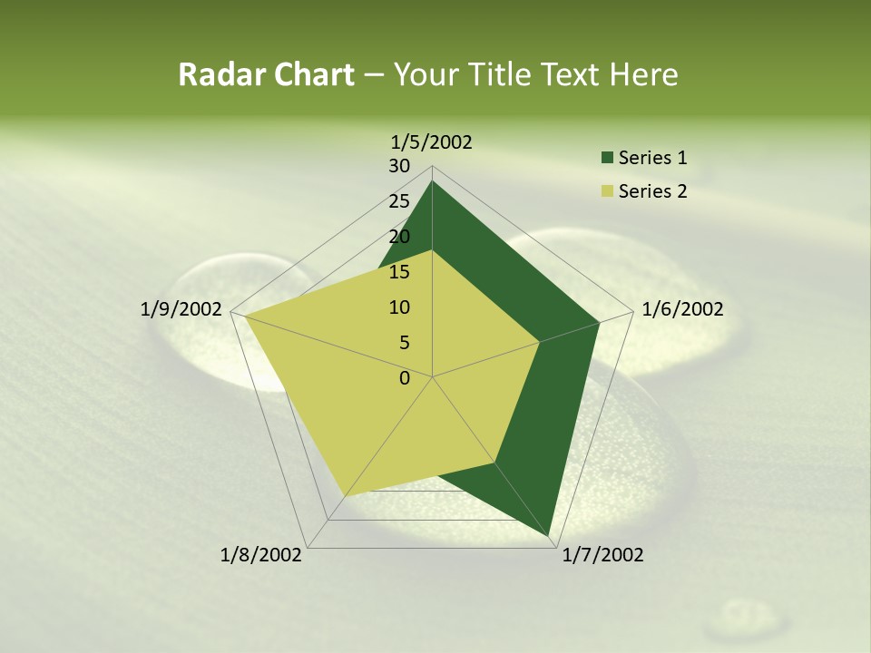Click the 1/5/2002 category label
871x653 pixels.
click(431, 141)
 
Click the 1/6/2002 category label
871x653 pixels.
click(682, 309)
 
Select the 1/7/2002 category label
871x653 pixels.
click(602, 554)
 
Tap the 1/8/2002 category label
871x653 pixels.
click(261, 554)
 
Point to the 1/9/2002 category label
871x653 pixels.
click(181, 309)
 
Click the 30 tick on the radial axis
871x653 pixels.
click(399, 166)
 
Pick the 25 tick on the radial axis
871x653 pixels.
click(399, 201)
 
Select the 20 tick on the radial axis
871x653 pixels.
click(399, 237)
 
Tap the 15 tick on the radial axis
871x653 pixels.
click(399, 272)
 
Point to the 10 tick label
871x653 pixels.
click(399, 307)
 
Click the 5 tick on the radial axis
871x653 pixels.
click(404, 343)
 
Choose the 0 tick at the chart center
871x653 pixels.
click(405, 378)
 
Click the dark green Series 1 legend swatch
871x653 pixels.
click(607, 159)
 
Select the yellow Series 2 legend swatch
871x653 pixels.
click(607, 191)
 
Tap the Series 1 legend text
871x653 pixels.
click(652, 159)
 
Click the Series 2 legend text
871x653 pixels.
click(652, 191)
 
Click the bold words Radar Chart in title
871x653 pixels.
click(266, 74)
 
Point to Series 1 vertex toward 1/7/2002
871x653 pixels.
click(552, 535)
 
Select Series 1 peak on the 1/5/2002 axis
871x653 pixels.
click(432, 181)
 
